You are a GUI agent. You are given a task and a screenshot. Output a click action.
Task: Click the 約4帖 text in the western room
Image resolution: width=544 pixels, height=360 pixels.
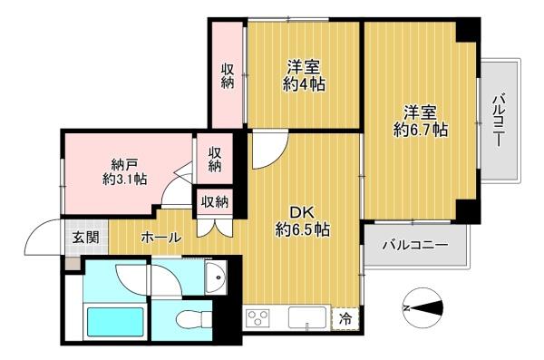[304, 84]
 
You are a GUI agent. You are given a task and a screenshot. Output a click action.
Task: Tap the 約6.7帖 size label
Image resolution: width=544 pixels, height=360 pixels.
[420, 131]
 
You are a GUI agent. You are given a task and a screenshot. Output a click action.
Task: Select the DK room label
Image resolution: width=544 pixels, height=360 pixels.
[302, 212]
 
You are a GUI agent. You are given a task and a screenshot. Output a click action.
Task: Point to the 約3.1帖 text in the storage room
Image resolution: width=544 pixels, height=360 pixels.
[124, 180]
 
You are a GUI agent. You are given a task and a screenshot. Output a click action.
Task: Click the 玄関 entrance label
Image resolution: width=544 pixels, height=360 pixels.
[85, 238]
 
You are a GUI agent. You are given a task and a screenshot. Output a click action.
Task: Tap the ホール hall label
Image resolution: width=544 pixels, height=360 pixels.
[161, 238]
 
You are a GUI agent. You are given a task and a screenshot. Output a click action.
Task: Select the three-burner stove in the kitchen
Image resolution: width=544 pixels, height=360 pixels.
[257, 317]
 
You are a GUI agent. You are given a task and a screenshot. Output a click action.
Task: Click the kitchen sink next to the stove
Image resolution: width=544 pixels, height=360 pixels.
[307, 317]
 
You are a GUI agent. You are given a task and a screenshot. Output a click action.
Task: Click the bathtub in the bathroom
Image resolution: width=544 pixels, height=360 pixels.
[115, 322]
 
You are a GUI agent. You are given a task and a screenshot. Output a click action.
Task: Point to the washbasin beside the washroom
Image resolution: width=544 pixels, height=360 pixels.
[216, 277]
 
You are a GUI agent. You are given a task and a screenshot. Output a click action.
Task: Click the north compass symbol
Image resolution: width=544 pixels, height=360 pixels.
[423, 308]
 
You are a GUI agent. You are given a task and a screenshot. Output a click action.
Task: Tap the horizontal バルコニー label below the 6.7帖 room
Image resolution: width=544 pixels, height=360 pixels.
[415, 246]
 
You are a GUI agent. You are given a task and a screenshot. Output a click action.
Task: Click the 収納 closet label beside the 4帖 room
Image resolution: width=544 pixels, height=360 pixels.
[228, 76]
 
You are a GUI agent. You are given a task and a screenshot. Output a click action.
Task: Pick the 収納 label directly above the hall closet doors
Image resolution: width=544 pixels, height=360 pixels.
[215, 201]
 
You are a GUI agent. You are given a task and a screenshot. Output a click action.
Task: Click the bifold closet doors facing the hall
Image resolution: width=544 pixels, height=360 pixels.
[214, 229]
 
